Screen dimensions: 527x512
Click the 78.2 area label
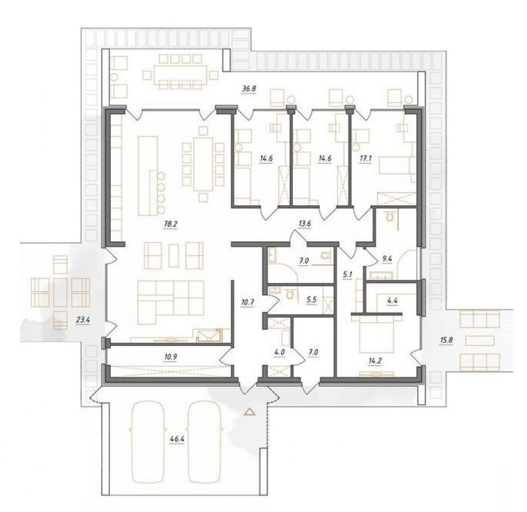coord(170,224)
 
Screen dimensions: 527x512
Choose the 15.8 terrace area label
coord(446,340)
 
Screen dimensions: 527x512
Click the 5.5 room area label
coord(312,300)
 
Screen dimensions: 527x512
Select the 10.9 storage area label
coord(171,357)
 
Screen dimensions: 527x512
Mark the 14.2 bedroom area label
coord(375,361)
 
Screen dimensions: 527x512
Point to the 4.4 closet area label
coord(392,301)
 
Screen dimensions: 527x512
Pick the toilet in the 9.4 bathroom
coord(389,216)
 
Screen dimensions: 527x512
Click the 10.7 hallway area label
coord(247,302)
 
